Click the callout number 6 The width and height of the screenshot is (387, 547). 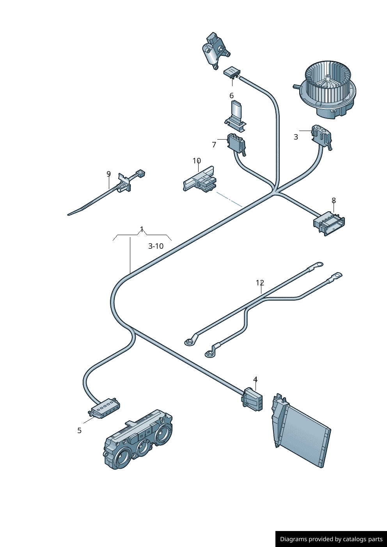[x=231, y=96]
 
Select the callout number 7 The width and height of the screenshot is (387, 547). [x=214, y=145]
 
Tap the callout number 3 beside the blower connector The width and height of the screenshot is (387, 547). [x=296, y=137]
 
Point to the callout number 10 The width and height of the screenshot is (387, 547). [x=197, y=161]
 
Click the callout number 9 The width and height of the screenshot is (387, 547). [x=109, y=174]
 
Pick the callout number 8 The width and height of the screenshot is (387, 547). [x=334, y=200]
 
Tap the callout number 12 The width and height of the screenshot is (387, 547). [x=260, y=283]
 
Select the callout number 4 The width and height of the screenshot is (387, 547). [x=255, y=379]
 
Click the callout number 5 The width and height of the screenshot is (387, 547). [x=80, y=430]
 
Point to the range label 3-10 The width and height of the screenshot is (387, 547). [x=156, y=246]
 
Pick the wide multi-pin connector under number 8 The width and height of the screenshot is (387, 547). [x=329, y=224]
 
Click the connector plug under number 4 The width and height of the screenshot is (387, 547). [x=252, y=399]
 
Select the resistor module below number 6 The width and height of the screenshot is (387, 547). [x=236, y=115]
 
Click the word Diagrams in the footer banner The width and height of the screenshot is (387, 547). [x=293, y=539]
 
